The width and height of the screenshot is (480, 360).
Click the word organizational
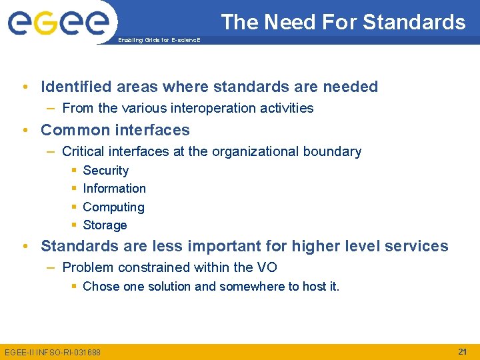pyautogui.click(x=254, y=151)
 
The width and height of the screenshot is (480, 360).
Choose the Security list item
pyautogui.click(x=105, y=171)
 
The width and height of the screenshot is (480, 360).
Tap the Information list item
pyautogui.click(x=114, y=189)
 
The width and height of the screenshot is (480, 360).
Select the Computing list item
pyautogui.click(x=113, y=207)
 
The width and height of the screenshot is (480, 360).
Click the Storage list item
pyautogui.click(x=105, y=225)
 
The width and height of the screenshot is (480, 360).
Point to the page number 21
pyautogui.click(x=462, y=351)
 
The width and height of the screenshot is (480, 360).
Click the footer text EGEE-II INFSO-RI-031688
pyautogui.click(x=53, y=352)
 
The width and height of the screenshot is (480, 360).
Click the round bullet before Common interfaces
pyautogui.click(x=25, y=130)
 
